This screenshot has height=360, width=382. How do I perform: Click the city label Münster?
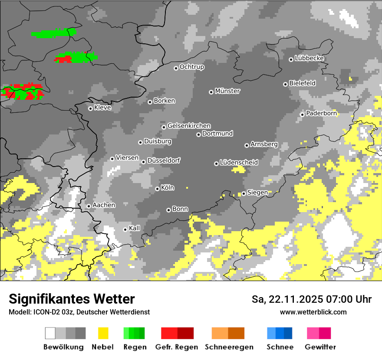pos(227,91)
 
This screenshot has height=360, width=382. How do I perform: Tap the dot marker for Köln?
pos(157,189)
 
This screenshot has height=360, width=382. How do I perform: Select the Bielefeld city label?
pos(303,83)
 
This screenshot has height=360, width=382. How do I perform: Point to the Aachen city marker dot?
pos(89,206)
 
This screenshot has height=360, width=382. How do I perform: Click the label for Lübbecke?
pos(310,58)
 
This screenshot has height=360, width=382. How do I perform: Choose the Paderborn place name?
pos(321,113)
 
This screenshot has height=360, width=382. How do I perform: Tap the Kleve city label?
pos(102,108)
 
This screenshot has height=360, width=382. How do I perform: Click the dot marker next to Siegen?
pos(244,193)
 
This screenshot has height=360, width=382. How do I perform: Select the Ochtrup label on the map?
pos(192,67)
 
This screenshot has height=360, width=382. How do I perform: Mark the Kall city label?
pos(135,228)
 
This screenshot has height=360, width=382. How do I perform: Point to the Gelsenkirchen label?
pos(189,126)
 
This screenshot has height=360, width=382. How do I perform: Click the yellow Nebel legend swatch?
pos(103,333)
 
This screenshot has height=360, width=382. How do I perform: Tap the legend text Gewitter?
pos(320,347)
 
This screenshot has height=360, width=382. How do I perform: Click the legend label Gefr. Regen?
pos(177,347)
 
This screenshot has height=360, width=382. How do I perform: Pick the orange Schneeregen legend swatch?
pos(228,333)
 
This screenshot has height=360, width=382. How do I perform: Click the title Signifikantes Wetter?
pos(72,299)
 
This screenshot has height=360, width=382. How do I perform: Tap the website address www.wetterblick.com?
pos(313,312)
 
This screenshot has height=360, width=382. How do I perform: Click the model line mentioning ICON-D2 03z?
pos(79,312)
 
